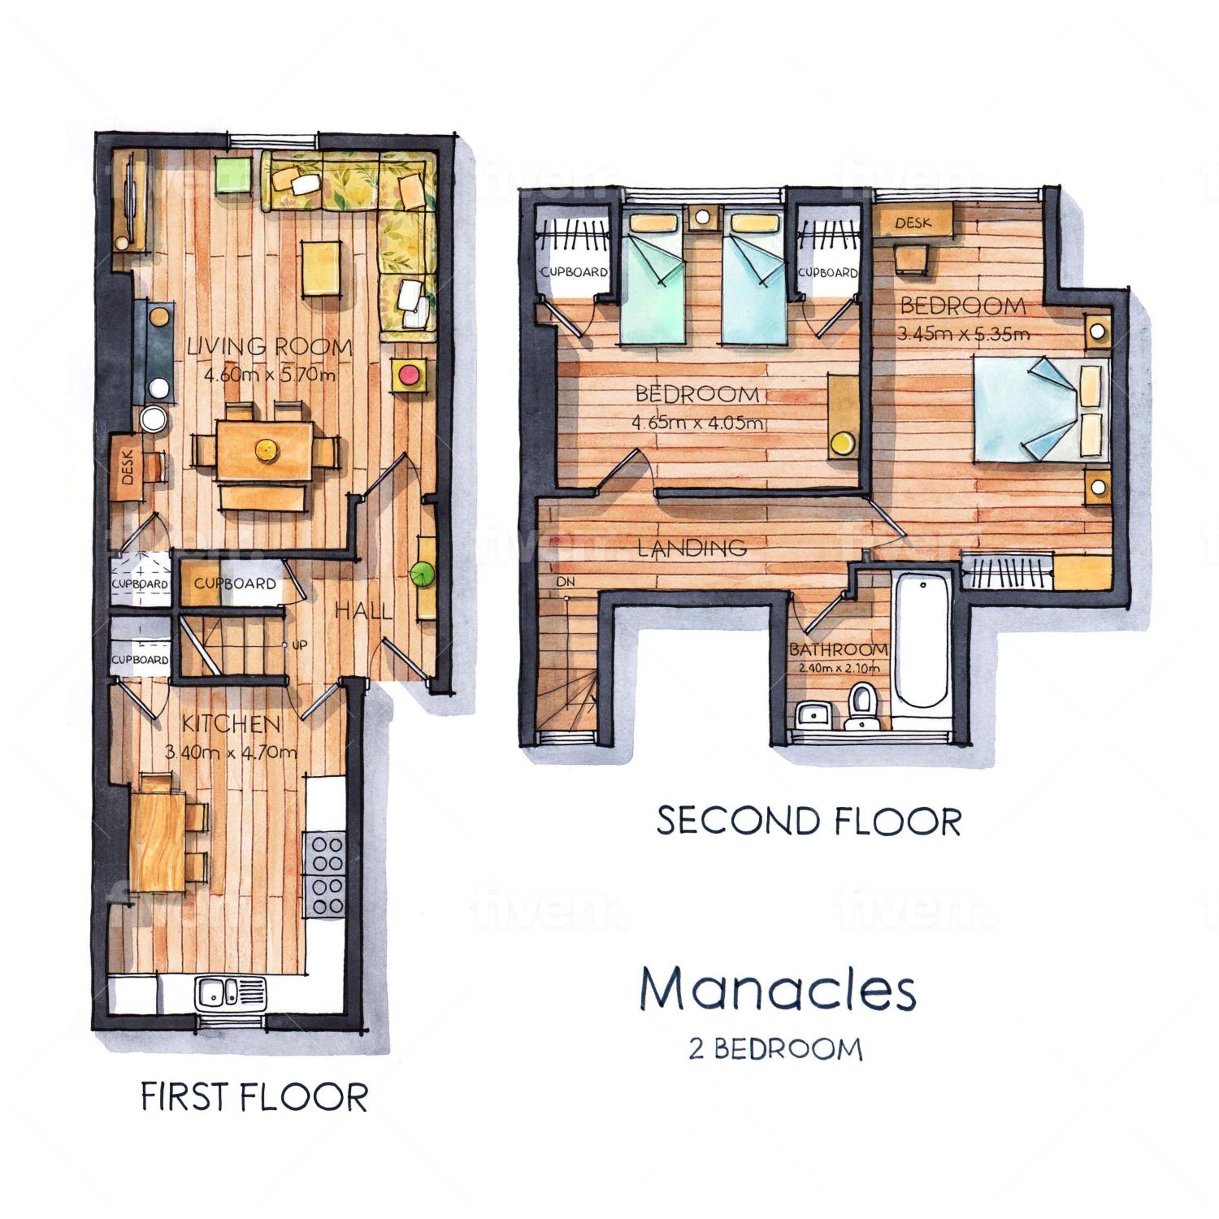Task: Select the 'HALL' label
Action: (x=363, y=610)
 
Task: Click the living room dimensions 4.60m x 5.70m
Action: (x=269, y=376)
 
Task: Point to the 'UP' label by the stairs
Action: (x=300, y=646)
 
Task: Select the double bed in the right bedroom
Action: (x=1041, y=408)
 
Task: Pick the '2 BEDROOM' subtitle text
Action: (x=775, y=1049)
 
